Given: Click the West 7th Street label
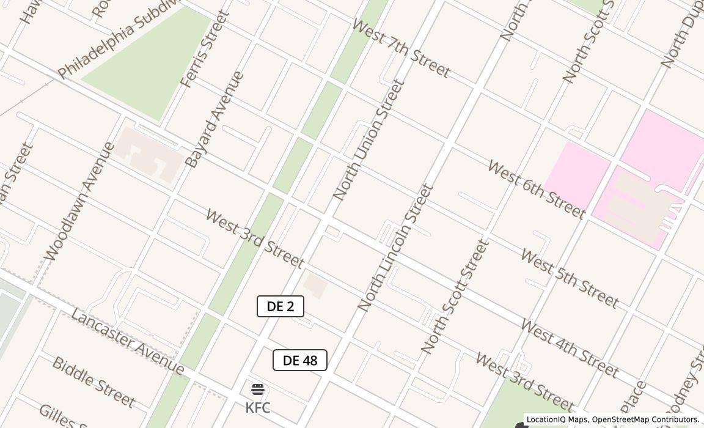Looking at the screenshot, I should [x=401, y=48].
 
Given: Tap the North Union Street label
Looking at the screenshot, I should [x=369, y=139].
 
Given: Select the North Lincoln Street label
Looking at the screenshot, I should [x=395, y=248].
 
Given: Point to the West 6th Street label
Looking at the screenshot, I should [x=537, y=190].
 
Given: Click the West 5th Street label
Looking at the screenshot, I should [x=570, y=278].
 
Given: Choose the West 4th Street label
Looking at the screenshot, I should [x=570, y=348].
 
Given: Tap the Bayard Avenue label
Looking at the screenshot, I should [x=214, y=120].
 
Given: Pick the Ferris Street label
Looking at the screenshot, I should [x=205, y=49].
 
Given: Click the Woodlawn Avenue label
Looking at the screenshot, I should [x=79, y=202].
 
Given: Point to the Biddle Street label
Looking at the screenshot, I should [x=94, y=382].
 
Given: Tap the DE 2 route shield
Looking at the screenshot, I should [x=280, y=306].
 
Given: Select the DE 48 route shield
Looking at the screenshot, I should [x=300, y=361].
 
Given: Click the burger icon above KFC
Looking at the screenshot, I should [x=258, y=389].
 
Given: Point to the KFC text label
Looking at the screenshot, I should [x=258, y=408].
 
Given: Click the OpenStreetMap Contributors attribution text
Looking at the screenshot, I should [x=645, y=420].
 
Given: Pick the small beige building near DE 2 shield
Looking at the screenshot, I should [x=315, y=285].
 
